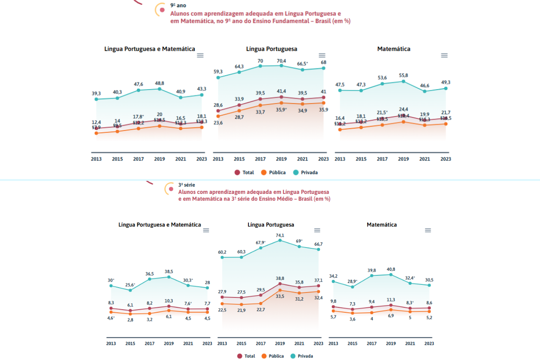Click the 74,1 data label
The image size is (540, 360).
tap(280, 235)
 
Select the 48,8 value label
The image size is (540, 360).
tap(160, 83)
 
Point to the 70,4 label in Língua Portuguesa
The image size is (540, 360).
tap(281, 61)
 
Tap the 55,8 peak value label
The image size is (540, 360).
tap(403, 75)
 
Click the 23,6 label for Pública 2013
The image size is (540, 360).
tap(218, 123)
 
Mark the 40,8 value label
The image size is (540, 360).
tap(391, 270)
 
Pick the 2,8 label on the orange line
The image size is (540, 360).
tap(130, 319)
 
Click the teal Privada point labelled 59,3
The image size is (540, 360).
tap(218, 77)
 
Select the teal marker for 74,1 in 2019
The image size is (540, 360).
tap(280, 240)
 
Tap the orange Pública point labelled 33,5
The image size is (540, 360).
tap(280, 290)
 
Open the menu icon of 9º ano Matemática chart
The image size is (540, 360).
tap(444, 55)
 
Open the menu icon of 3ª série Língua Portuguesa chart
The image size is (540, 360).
tap(317, 230)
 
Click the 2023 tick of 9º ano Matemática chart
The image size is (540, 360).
tap(445, 159)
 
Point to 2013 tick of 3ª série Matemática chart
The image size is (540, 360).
tap(333, 343)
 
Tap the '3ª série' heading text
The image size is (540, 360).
tap(187, 185)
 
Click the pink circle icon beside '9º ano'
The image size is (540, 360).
tap(162, 9)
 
